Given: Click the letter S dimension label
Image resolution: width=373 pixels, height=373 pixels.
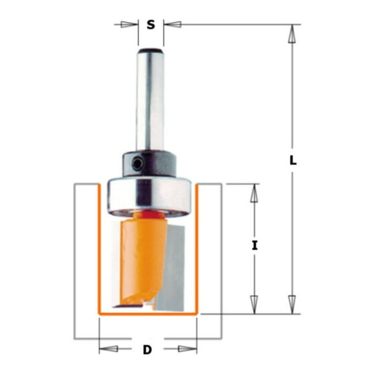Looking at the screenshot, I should click(150, 25).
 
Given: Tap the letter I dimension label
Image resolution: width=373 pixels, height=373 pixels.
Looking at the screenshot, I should click(254, 245).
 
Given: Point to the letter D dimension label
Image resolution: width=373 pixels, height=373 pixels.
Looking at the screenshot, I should click(147, 350).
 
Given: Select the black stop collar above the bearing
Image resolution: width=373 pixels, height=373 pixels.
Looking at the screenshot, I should click(148, 163).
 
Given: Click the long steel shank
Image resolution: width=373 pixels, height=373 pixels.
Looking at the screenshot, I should click(150, 104).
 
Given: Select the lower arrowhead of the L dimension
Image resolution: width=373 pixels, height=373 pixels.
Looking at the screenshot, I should click(293, 304).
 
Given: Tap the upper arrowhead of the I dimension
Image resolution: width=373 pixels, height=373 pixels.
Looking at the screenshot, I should click(254, 193).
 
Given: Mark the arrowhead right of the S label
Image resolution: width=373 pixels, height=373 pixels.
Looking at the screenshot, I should click(170, 25).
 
